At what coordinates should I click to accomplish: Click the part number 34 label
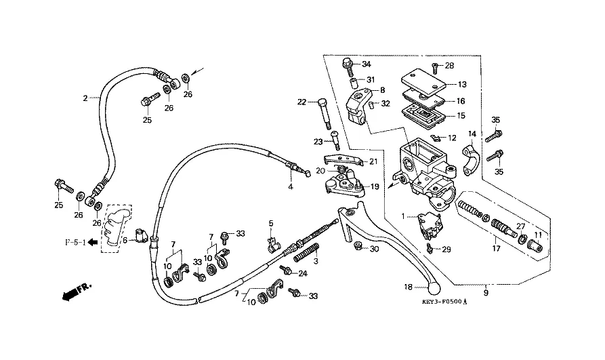tap(367, 64)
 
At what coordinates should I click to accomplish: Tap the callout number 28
tap(449, 66)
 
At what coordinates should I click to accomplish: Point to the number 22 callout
tap(301, 102)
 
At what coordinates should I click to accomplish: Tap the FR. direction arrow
tap(75, 292)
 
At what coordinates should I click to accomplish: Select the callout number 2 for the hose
tap(85, 98)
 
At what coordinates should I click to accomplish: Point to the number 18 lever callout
tap(408, 287)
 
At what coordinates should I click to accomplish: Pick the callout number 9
tap(486, 294)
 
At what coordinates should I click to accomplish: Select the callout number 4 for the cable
tap(290, 186)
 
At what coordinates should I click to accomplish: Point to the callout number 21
tap(373, 161)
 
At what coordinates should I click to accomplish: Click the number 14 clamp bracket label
tap(472, 134)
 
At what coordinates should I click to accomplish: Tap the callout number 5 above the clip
tap(270, 223)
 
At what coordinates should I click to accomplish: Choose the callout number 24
tap(303, 274)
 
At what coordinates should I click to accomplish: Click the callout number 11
tap(539, 235)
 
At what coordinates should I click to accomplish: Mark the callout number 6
tap(125, 240)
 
